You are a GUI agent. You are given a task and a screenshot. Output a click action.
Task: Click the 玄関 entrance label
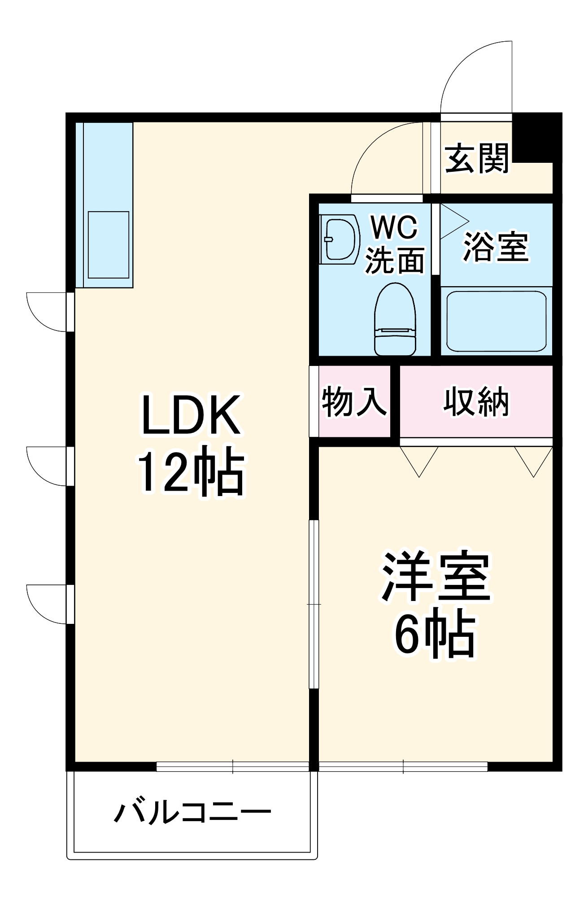tap(477, 158)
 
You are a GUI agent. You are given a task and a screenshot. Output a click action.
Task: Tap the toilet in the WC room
tap(395, 319)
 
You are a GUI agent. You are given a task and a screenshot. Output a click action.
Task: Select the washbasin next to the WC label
tap(340, 239)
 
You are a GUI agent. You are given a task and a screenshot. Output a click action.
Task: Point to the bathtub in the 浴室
tap(497, 321)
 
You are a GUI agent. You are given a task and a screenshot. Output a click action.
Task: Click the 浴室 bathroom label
tap(496, 246)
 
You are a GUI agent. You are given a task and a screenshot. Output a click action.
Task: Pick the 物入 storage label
tap(354, 401)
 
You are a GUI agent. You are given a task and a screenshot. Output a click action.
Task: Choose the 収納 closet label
tap(476, 401)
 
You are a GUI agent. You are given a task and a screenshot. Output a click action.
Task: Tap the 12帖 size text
tap(191, 471)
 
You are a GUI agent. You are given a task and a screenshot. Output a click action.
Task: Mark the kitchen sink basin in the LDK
tap(109, 245)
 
